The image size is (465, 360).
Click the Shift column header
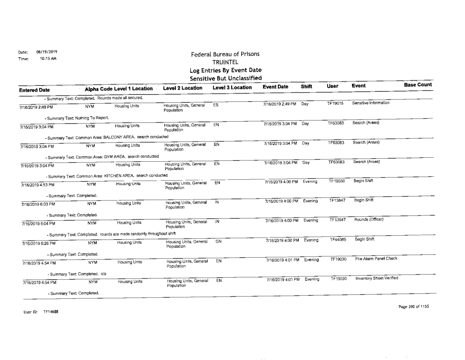pos(306,87)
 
